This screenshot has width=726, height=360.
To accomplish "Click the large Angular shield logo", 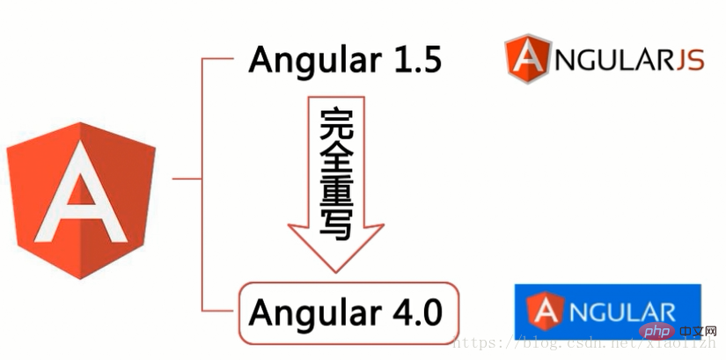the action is (x=81, y=201).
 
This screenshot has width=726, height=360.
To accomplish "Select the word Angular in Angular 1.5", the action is (x=316, y=62).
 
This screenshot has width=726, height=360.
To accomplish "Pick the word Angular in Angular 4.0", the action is (x=316, y=315).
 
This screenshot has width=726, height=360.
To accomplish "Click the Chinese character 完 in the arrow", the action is (x=337, y=124).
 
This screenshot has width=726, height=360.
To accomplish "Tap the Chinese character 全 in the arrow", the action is (x=337, y=158).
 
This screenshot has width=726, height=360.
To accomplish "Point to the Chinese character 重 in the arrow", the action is (x=337, y=191).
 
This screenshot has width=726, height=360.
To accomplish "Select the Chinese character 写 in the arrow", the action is (x=337, y=224).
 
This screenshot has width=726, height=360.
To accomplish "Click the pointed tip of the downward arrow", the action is (x=336, y=273).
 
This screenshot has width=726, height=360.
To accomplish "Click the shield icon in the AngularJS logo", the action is (x=528, y=58).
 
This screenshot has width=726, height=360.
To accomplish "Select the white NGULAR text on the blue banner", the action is (x=621, y=312).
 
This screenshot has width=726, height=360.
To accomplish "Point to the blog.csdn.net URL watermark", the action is (x=584, y=343).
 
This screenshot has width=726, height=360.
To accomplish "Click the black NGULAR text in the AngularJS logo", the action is (x=614, y=60).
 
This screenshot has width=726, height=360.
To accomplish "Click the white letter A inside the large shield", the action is (x=81, y=194).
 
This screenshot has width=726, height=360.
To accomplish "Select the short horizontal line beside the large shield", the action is (x=187, y=179).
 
